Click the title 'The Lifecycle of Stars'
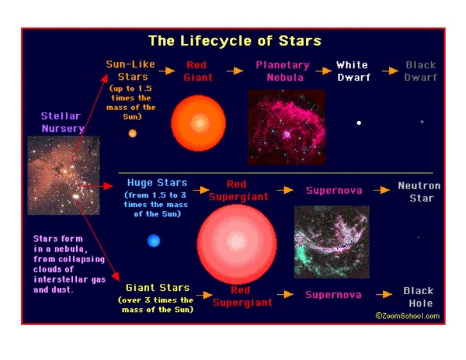234,42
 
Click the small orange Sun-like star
133,134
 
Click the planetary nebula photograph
286,127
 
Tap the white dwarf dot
359,122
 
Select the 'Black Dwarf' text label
421,71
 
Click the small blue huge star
154,241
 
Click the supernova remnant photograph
332,241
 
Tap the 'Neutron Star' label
419,192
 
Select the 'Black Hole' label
418,297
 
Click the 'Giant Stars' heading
157,288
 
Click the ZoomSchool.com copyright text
407,315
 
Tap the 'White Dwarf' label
352,71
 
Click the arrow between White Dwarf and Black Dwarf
390,71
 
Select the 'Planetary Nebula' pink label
282,71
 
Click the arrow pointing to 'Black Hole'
383,294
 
